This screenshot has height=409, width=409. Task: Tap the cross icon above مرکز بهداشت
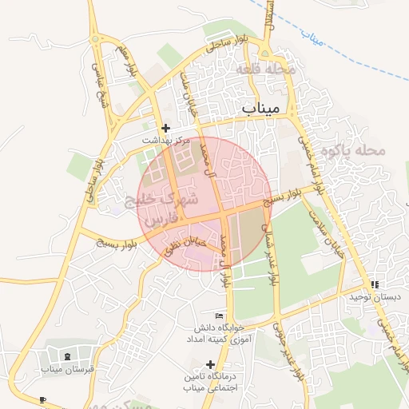click(x=165, y=128)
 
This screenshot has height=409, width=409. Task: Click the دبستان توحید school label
click(x=373, y=296)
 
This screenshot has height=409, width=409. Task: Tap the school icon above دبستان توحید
click(x=374, y=284)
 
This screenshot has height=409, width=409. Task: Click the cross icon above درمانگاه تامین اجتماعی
click(x=210, y=365)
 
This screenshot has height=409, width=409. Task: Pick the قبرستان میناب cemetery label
click(x=68, y=369)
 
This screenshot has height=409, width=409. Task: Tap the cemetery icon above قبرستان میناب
click(x=67, y=356)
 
